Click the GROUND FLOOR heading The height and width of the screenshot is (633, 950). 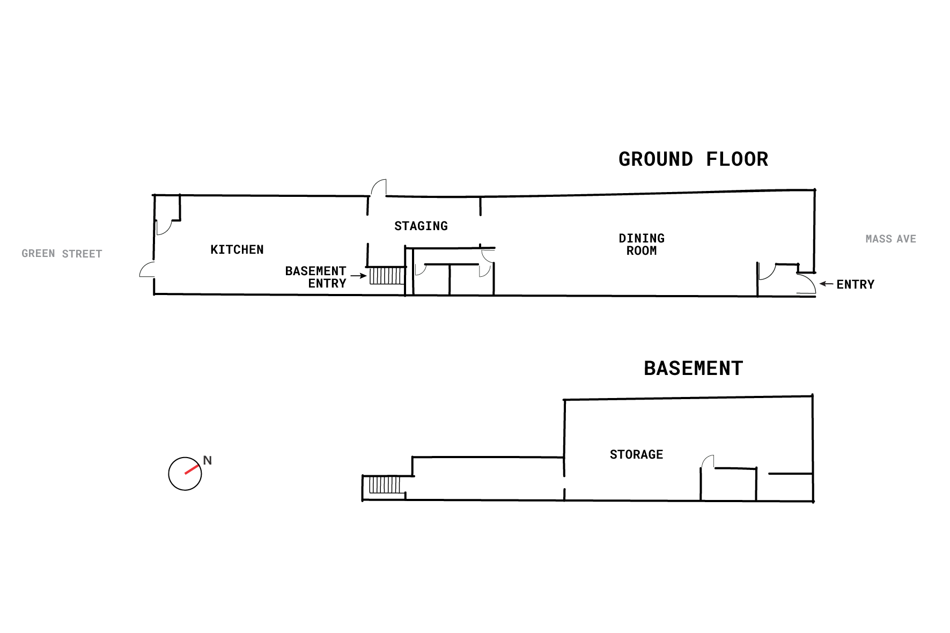[693, 159]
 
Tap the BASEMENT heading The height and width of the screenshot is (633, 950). [693, 369]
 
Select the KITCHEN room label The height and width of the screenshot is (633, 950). [237, 249]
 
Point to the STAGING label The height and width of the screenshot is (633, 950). [421, 226]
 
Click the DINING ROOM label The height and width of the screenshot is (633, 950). [642, 245]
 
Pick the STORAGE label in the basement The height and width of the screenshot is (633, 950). [637, 454]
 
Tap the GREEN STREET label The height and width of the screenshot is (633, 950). [62, 254]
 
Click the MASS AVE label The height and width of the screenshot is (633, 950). [891, 239]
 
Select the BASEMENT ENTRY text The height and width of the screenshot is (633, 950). [316, 277]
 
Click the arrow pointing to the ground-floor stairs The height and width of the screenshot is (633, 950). [359, 276]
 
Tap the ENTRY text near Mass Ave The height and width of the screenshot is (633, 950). [856, 284]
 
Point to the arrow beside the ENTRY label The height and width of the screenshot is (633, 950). [827, 283]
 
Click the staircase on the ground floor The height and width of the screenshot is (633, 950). [386, 276]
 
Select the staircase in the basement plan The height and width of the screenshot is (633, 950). [385, 485]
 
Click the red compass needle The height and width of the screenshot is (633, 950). [192, 469]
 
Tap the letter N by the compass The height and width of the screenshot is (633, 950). [208, 460]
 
